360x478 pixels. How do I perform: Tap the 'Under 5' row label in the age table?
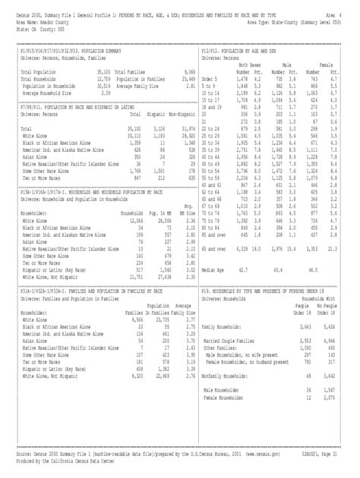[x=215, y=77]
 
